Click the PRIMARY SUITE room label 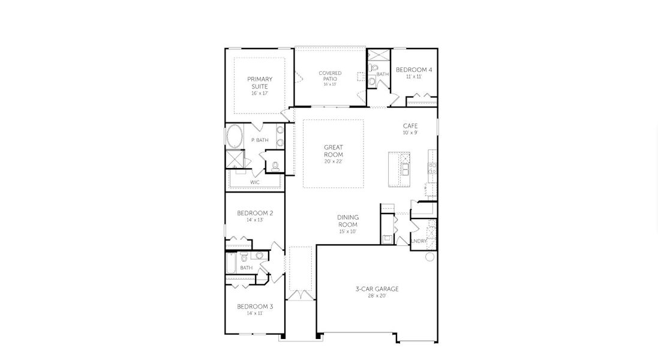[x=260, y=82]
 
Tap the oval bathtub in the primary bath [x=234, y=136]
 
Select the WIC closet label [x=255, y=181]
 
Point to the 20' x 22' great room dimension [x=333, y=161]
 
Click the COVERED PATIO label [x=330, y=76]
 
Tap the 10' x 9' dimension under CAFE [x=410, y=133]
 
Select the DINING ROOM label [x=347, y=221]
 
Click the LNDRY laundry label [x=419, y=241]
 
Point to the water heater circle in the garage [x=429, y=257]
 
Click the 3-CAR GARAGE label [x=377, y=289]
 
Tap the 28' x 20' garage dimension [x=377, y=295]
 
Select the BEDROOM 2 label [x=255, y=213]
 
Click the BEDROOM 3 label [x=255, y=307]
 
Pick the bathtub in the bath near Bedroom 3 [x=231, y=262]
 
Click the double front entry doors [x=299, y=296]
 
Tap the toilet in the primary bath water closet [x=276, y=166]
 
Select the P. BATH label [x=260, y=140]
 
